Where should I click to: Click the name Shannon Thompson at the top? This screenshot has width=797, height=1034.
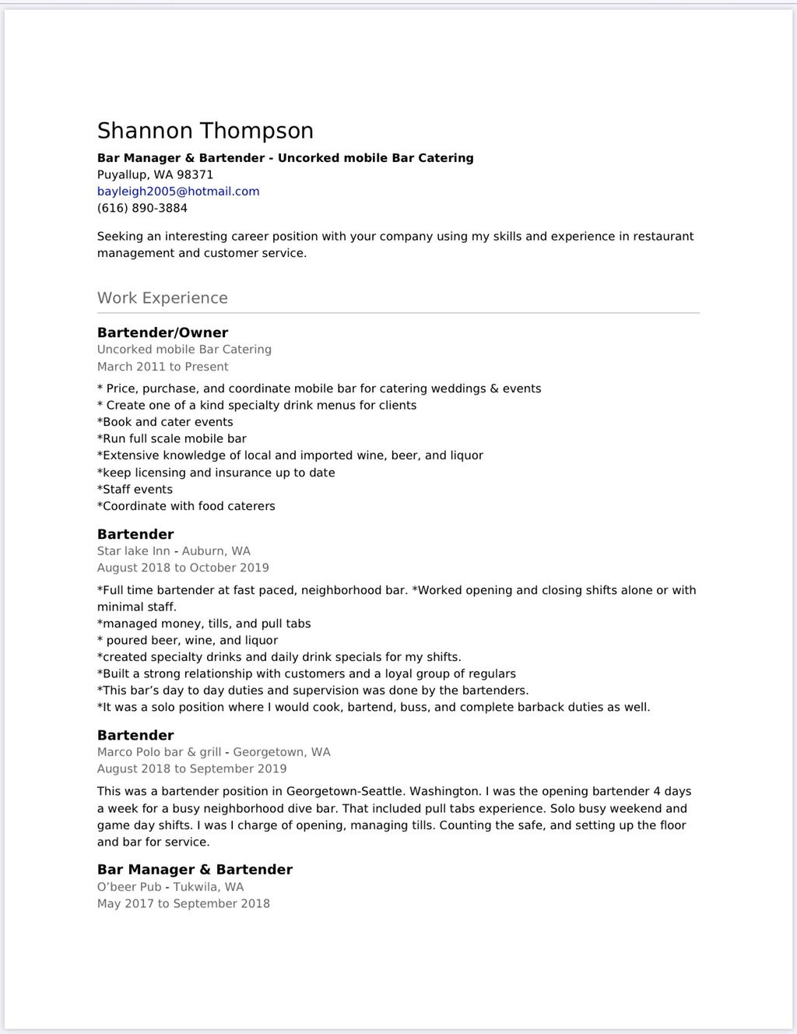(205, 131)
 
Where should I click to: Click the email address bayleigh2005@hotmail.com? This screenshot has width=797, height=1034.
(178, 192)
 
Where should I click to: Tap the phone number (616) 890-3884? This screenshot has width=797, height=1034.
(142, 208)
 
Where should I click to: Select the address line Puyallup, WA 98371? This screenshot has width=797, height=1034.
(155, 174)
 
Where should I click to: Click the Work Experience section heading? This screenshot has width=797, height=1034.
(163, 298)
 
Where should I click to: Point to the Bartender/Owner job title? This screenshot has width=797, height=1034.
(163, 333)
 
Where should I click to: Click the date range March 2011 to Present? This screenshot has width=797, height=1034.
(163, 367)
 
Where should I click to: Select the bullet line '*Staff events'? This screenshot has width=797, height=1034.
(135, 490)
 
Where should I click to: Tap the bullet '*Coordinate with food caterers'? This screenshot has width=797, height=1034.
(186, 506)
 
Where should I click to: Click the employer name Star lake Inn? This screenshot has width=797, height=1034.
(133, 551)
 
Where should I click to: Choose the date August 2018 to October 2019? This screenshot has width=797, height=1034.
(183, 568)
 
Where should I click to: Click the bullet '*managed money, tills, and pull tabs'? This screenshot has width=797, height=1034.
(204, 624)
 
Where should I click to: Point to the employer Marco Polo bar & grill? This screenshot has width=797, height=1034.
(159, 752)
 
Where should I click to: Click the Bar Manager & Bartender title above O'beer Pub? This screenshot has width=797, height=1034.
(195, 870)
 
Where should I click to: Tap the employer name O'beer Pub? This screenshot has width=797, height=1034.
(129, 887)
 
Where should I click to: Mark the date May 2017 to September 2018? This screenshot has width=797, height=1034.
(184, 904)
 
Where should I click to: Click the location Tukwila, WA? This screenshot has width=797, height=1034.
(209, 887)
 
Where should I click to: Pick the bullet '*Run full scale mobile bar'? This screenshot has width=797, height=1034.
(172, 439)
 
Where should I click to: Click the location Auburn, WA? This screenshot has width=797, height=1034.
(216, 551)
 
